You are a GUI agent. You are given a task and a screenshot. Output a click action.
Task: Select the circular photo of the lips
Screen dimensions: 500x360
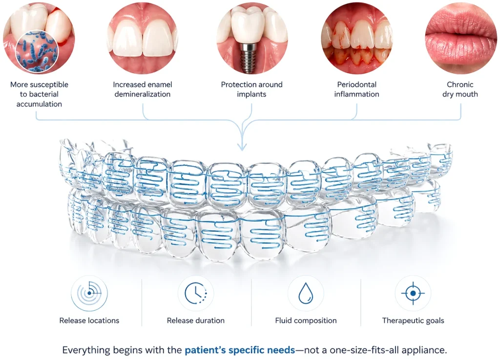click(x=461, y=38)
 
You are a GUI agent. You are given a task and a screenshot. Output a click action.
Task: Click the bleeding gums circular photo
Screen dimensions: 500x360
click(x=356, y=38)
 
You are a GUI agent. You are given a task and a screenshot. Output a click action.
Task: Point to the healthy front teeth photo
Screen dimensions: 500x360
click(x=143, y=38)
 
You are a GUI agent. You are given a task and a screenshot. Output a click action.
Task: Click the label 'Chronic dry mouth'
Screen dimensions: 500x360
click(x=460, y=89)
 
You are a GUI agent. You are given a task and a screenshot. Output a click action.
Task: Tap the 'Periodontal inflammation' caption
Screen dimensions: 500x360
click(x=356, y=89)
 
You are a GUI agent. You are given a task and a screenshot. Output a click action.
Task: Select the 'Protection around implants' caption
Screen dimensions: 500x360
click(x=251, y=89)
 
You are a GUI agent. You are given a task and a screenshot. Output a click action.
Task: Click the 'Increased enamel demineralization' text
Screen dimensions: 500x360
click(x=143, y=89)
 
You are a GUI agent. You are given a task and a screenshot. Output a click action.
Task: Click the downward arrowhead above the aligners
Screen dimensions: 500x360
click(x=242, y=146)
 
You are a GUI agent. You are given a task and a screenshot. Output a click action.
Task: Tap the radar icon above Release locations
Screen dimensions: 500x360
click(x=89, y=293)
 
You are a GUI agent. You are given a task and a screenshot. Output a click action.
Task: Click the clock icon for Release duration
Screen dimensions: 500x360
click(x=196, y=293)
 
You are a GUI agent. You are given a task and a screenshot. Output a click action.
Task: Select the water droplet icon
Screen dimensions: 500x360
click(x=306, y=293)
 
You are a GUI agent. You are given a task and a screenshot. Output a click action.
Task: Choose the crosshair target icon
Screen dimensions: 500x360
click(x=413, y=293)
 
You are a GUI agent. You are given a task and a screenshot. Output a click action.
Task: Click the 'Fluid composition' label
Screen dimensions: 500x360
click(x=306, y=320)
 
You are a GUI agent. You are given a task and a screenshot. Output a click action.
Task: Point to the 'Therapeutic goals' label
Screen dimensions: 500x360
click(x=413, y=320)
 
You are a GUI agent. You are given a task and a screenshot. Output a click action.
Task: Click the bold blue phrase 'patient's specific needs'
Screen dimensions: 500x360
click(x=240, y=350)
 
